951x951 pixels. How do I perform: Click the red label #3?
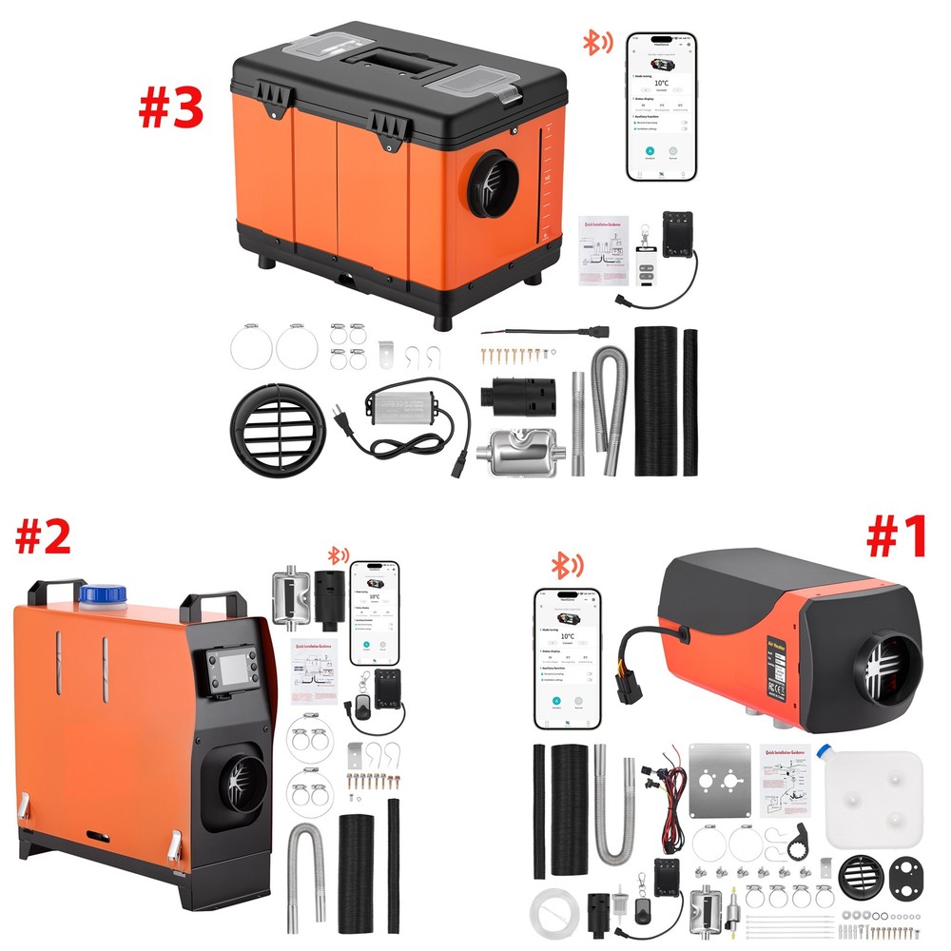(171, 107)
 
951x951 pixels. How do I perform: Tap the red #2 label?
(42, 537)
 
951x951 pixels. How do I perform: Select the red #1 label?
(896, 537)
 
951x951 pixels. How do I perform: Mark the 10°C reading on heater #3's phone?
(660, 83)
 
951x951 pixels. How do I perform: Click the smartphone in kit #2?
(374, 612)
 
